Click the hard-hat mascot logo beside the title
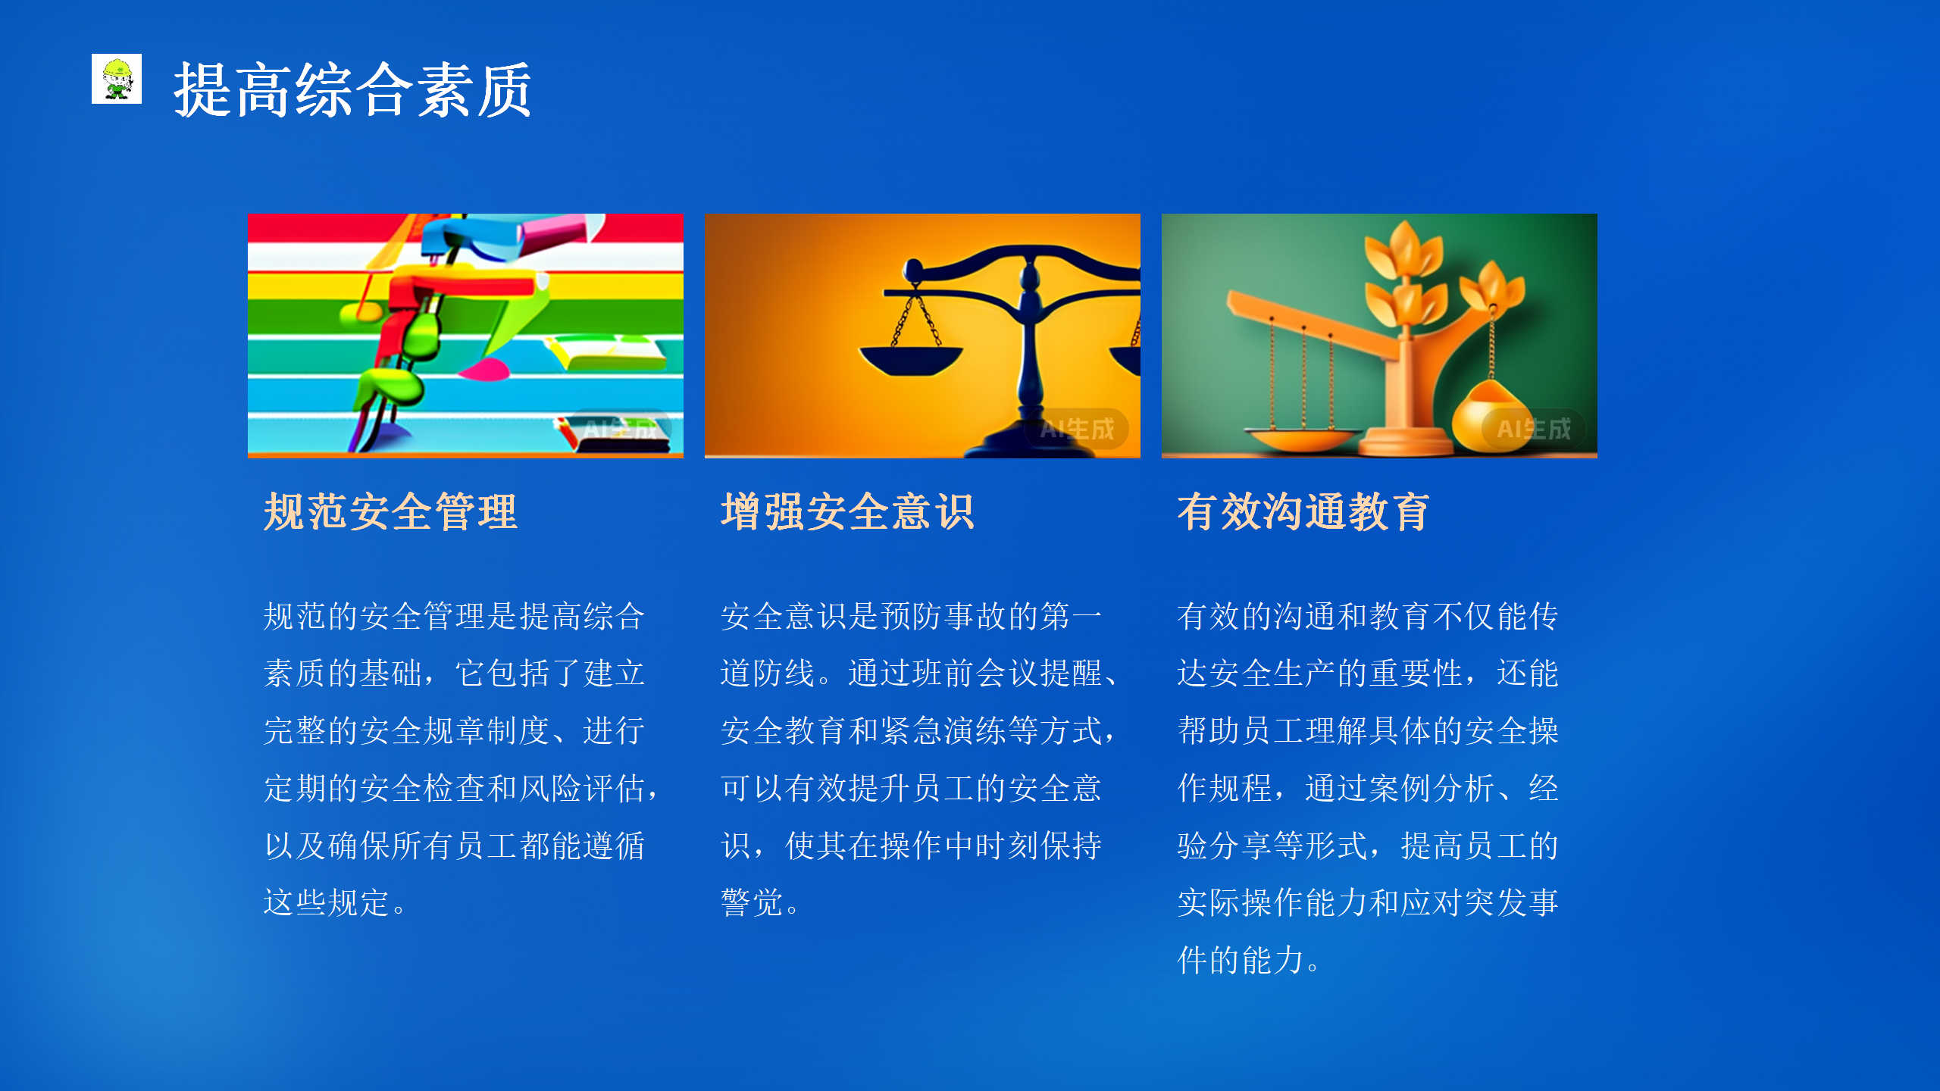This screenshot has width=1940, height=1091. pyautogui.click(x=117, y=79)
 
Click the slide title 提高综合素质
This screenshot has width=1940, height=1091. pyautogui.click(x=352, y=90)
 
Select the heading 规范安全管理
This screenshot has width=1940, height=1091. pyautogui.click(x=390, y=511)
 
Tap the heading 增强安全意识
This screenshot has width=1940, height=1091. pyautogui.click(x=847, y=511)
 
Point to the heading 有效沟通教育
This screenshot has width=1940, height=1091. pyautogui.click(x=1303, y=511)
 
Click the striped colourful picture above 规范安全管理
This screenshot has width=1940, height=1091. pyautogui.click(x=465, y=336)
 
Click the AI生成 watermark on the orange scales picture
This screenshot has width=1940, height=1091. pyautogui.click(x=1077, y=430)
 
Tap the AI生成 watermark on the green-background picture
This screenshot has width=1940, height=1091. pyautogui.click(x=1534, y=430)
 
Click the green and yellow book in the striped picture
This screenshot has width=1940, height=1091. pyautogui.click(x=606, y=353)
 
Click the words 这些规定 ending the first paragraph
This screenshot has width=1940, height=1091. pyautogui.click(x=327, y=902)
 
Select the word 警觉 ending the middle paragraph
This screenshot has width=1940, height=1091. pyautogui.click(x=752, y=902)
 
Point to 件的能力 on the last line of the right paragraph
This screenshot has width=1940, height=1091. pyautogui.click(x=1241, y=960)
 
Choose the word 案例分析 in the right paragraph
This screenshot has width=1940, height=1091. pyautogui.click(x=1432, y=788)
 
